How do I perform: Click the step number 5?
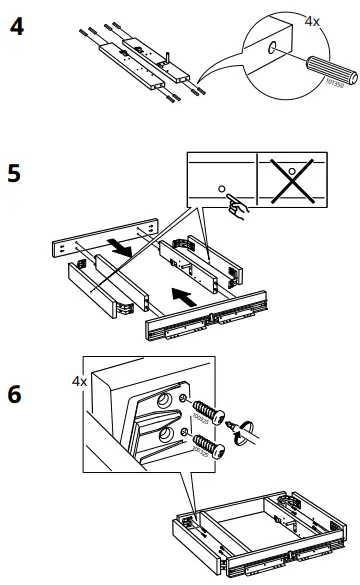(17, 173)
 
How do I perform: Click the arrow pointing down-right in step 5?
(117, 245)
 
